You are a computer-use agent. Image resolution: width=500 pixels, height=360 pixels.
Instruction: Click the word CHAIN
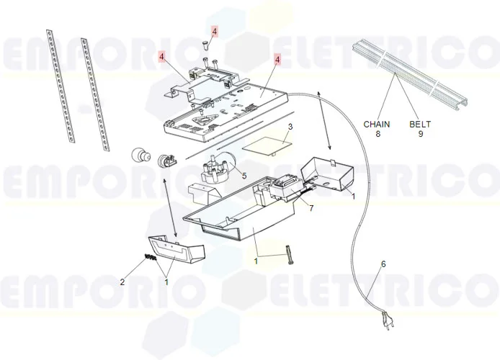(x=376, y=124)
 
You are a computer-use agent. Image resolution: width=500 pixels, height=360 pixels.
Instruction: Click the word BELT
(x=420, y=124)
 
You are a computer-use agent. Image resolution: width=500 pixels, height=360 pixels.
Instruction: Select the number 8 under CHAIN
(x=376, y=134)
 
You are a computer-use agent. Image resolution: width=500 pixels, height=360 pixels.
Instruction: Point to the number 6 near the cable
(x=383, y=264)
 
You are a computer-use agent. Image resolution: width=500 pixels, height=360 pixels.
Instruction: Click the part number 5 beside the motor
(x=244, y=174)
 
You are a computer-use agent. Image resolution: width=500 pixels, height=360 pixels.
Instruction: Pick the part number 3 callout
(x=290, y=127)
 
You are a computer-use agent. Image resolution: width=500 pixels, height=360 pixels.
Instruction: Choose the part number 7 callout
(x=311, y=208)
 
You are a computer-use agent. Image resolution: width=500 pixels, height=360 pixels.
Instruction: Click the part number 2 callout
(x=122, y=282)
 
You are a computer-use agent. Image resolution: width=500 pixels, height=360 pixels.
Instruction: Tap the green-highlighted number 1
(x=255, y=261)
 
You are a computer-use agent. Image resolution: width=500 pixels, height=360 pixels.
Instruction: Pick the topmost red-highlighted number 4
(x=214, y=31)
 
